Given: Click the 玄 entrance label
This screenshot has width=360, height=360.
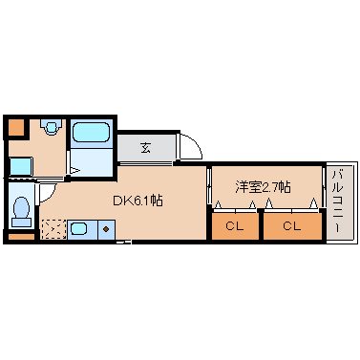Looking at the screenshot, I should coord(146,147).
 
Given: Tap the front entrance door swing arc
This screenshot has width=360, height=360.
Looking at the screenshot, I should coord(191,149).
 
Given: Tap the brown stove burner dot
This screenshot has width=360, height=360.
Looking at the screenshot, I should coord(105,229).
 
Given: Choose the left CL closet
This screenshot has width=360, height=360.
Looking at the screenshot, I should coord(234,226).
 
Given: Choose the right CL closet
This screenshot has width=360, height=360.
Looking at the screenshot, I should coord(290,226).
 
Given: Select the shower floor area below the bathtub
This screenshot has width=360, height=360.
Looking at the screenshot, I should coord(93,160).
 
